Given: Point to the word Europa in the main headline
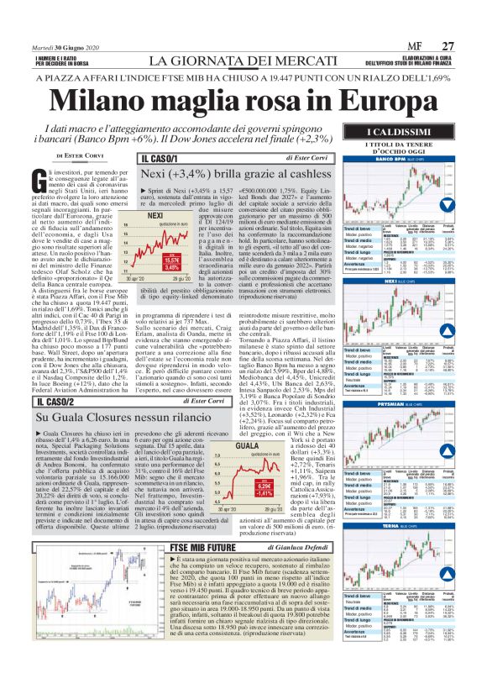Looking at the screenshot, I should pyautogui.click(x=375, y=99).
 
